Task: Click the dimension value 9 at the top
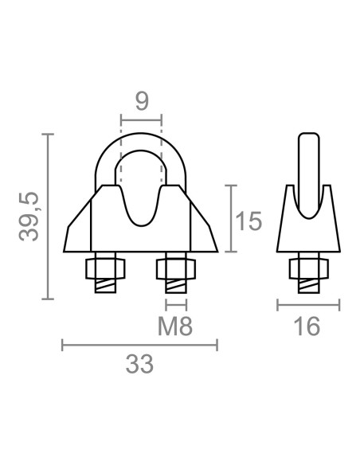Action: (x=142, y=101)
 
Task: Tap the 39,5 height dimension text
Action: (x=29, y=217)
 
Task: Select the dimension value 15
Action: (x=248, y=221)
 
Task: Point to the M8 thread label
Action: (x=175, y=326)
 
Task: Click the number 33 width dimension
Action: (x=139, y=364)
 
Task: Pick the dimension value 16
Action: (x=307, y=326)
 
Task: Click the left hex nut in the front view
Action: (x=105, y=268)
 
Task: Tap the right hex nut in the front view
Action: (x=176, y=268)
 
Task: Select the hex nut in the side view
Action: (x=309, y=268)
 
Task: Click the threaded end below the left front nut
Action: (x=105, y=286)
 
